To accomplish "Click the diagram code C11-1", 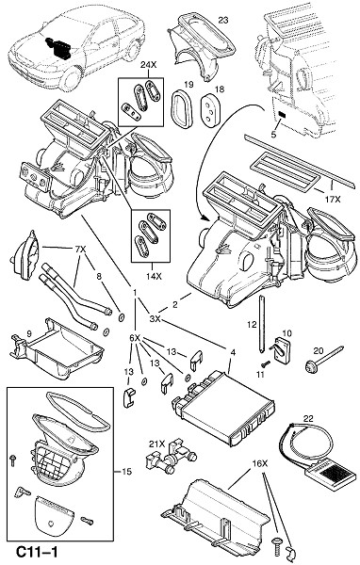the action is point(37,552).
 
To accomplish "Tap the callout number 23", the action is point(223,20).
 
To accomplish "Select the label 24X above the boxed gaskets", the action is point(148,65).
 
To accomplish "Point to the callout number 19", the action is point(188,85).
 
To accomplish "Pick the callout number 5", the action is point(273,135).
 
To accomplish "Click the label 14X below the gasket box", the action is point(154,276).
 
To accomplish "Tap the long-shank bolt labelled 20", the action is point(323,359).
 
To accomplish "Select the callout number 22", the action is point(308,419).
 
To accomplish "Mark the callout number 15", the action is point(126,472).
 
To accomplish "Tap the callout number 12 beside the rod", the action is point(252,325).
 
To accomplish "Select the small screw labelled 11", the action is point(266,364).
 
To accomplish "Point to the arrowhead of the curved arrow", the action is point(205,218).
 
